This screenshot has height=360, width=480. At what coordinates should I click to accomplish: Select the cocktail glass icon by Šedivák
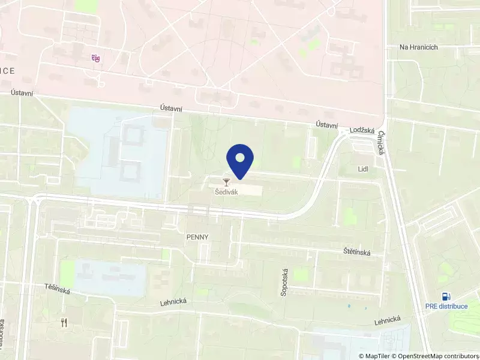coord(226,182)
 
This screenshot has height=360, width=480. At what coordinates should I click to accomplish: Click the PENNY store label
coord(197,237)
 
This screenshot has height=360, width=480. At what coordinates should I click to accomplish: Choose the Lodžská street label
coord(362,130)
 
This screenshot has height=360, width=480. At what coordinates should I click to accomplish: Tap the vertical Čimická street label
coord(381,144)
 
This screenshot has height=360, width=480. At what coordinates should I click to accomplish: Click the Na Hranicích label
coord(419,47)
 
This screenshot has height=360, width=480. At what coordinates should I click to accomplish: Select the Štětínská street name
coord(357,253)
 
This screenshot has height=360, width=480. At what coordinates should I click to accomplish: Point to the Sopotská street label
coord(284,283)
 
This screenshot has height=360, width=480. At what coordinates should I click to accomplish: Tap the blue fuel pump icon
coord(446,296)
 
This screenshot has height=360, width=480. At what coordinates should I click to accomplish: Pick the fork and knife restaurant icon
coord(65,322)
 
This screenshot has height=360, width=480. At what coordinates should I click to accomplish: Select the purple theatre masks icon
coord(95,58)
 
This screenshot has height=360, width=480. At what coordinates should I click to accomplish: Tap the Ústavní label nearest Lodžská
coord(327,124)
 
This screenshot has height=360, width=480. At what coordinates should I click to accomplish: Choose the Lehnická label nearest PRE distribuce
coord(387,321)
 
